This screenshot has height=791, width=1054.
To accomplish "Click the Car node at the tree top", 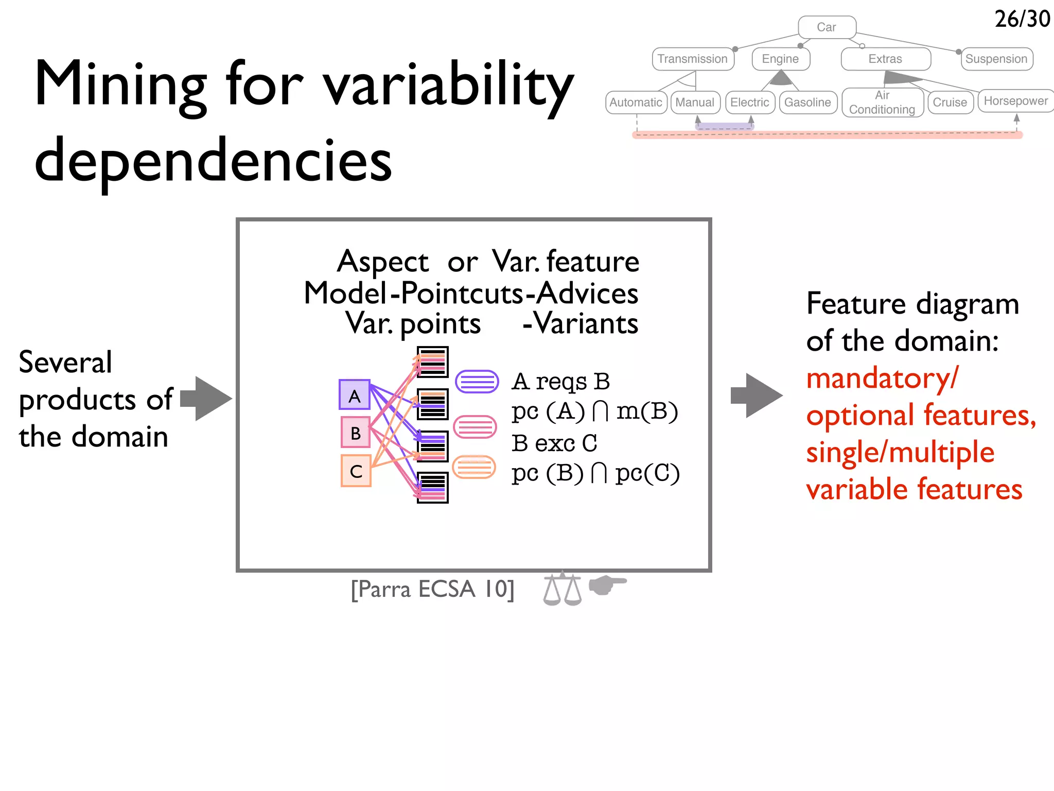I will (x=827, y=27).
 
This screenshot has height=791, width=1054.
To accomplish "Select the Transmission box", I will (x=693, y=59).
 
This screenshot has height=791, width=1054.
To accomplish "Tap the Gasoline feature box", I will (x=807, y=102).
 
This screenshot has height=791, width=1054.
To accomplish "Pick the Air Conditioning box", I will (x=882, y=102).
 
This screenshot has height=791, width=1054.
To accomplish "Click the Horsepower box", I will (x=1015, y=101).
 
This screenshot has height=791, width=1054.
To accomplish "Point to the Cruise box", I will (x=950, y=102).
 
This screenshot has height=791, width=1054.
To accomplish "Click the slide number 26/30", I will (x=1022, y=19).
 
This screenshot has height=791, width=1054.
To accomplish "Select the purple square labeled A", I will (x=355, y=395).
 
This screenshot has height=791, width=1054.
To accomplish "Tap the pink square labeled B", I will (x=356, y=433).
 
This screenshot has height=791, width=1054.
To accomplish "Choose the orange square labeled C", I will (x=356, y=471).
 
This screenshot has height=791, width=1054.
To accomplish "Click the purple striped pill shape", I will (x=477, y=382).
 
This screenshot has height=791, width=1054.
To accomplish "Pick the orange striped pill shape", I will (x=474, y=467).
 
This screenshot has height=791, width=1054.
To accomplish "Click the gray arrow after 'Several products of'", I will (x=206, y=399).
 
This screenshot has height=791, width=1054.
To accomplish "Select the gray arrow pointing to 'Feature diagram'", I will (x=757, y=395).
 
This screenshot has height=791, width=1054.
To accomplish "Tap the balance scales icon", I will (x=562, y=589).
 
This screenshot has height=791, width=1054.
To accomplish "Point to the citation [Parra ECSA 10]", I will (x=432, y=589).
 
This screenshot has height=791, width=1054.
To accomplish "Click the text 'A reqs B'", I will (x=560, y=382).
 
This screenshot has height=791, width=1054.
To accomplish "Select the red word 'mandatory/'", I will (x=882, y=379).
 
